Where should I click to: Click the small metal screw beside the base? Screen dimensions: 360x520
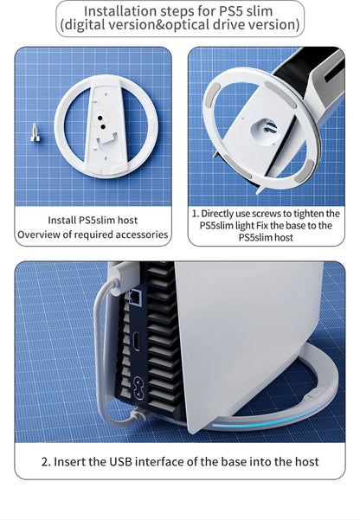(35, 132)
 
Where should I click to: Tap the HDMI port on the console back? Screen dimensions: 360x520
(136, 341)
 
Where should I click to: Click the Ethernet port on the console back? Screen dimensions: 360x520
(134, 297)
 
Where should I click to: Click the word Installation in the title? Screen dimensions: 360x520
(120, 11)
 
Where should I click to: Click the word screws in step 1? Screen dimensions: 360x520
(263, 213)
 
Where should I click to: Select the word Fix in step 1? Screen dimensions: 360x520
(262, 226)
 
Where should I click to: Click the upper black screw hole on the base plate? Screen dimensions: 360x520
(100, 118)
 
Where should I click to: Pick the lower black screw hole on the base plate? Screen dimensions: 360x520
(103, 126)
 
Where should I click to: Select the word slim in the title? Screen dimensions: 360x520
(259, 11)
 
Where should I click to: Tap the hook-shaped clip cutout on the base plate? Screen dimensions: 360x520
(106, 140)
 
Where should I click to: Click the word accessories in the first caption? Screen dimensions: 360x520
(141, 234)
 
